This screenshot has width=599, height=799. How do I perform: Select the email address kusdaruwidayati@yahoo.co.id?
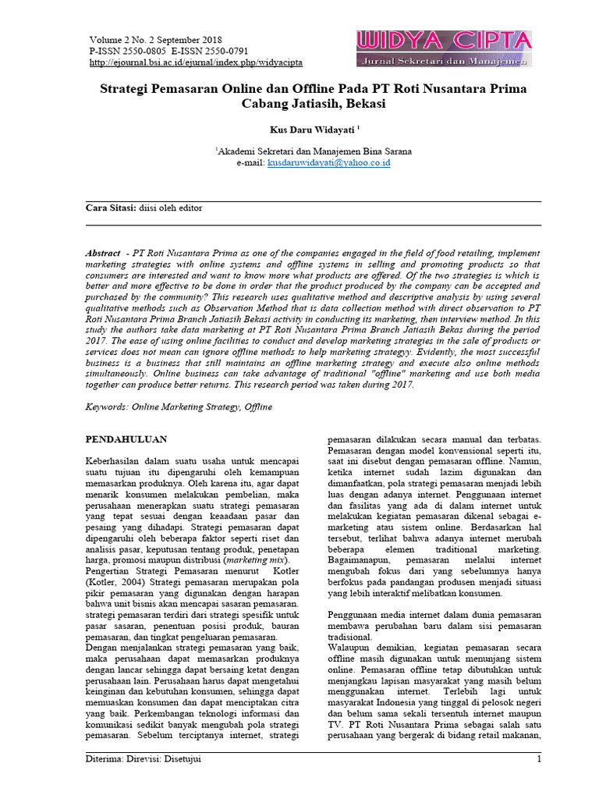coord(329,163)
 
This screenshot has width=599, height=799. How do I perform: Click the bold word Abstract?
coord(103,254)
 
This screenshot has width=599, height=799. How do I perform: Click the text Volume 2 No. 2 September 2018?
coord(156,40)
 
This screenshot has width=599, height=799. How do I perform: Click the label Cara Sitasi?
coord(110,208)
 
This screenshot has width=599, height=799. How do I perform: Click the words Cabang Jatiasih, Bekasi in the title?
coord(312,104)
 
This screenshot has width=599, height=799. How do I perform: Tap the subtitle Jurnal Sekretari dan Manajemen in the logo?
coord(444,60)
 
